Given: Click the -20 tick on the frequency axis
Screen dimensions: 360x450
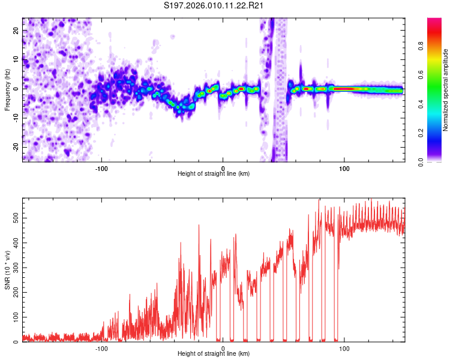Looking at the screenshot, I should [15, 147].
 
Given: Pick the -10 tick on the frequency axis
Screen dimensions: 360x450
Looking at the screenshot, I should [15, 118].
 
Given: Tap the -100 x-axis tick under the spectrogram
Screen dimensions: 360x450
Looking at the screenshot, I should [101, 168].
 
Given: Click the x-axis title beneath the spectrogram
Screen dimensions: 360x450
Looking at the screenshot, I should [214, 174].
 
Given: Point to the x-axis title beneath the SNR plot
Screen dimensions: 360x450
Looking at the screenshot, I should [214, 354].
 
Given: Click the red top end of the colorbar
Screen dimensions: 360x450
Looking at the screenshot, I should [434, 21].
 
